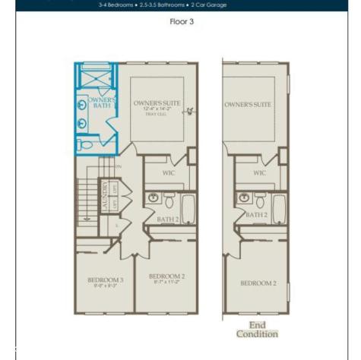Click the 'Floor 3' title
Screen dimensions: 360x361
tap(182, 21)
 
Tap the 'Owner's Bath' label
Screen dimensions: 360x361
tap(101, 103)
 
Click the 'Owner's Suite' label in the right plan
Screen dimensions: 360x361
tap(248, 103)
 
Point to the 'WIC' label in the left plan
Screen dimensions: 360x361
tap(169, 172)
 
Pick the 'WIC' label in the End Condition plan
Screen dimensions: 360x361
tap(259, 172)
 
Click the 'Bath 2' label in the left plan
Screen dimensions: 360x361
tap(166, 219)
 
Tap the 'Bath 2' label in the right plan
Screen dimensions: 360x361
tap(256, 215)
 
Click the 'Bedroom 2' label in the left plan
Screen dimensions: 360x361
tap(166, 276)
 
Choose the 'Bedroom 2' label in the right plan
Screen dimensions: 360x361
tap(258, 283)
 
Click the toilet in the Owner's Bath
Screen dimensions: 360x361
tap(85, 144)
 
